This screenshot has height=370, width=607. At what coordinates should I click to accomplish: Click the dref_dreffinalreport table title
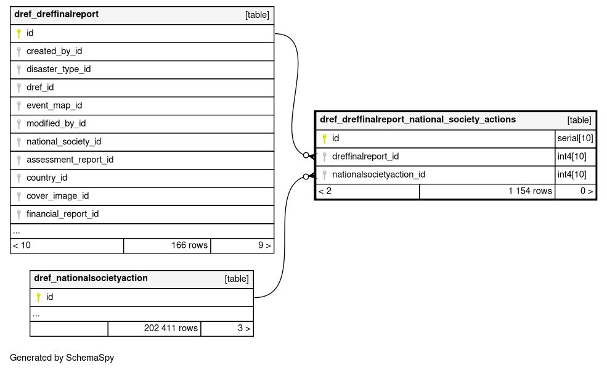click(x=57, y=14)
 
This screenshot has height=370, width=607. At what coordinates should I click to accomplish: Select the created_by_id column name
click(x=54, y=51)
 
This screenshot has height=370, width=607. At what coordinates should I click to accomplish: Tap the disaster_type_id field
click(x=59, y=69)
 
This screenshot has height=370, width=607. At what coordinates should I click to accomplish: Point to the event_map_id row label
click(x=54, y=105)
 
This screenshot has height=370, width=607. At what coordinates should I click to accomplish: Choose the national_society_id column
click(x=64, y=142)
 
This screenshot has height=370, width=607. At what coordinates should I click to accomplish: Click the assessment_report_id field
click(x=70, y=160)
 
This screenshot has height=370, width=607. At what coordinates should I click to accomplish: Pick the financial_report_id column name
click(x=63, y=214)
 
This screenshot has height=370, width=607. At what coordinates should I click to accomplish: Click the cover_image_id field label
click(x=58, y=196)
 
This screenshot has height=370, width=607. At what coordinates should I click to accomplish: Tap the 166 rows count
click(x=190, y=245)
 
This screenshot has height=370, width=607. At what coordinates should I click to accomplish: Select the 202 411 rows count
click(x=171, y=328)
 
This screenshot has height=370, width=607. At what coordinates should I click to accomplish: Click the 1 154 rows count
click(x=530, y=191)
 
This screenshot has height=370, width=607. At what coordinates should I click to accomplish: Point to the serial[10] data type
click(x=575, y=138)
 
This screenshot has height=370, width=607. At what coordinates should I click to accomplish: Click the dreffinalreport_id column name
click(x=365, y=157)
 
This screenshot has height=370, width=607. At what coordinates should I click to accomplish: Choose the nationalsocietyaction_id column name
click(x=378, y=175)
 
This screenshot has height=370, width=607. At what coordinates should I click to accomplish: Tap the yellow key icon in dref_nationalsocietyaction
click(x=38, y=298)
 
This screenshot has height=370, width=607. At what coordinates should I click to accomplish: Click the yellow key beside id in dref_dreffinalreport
click(x=18, y=34)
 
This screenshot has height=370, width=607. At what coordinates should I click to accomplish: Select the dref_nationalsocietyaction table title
click(x=91, y=278)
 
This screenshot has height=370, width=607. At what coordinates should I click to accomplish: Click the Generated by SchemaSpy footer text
click(x=62, y=358)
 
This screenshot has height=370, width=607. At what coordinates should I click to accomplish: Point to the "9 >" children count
click(x=264, y=245)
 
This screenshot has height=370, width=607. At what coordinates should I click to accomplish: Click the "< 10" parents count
click(x=22, y=245)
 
